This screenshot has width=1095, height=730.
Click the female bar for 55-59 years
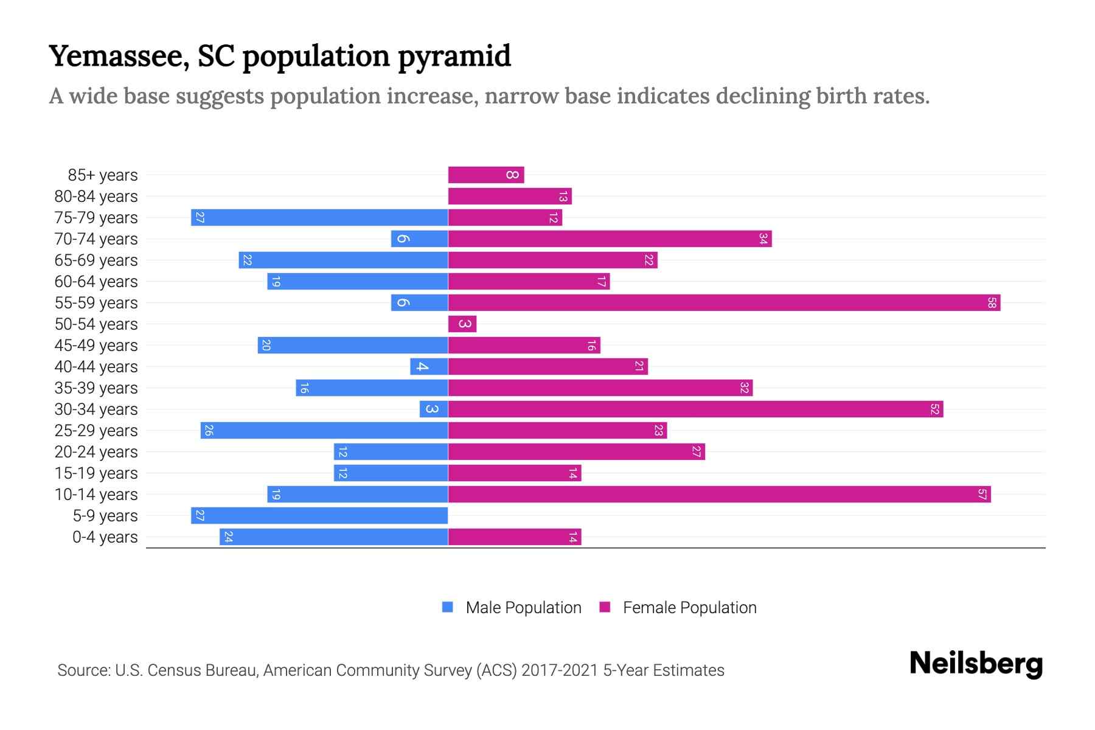[x=724, y=302]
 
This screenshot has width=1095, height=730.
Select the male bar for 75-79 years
[x=319, y=217]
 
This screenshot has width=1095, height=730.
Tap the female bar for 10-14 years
[x=719, y=494]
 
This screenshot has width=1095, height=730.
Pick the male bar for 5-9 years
[x=319, y=515]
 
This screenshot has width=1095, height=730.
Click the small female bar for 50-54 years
[x=462, y=324]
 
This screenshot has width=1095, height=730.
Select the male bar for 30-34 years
[x=434, y=409]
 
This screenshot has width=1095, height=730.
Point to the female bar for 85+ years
[x=485, y=175]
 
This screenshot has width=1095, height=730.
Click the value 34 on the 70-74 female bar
[x=763, y=238]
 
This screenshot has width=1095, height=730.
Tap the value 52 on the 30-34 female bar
[x=934, y=409]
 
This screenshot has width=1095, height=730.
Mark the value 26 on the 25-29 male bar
[x=209, y=430]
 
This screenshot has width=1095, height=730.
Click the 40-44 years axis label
[x=96, y=366]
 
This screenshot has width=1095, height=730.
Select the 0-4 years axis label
[x=105, y=537]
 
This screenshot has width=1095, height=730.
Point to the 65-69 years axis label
[x=96, y=260]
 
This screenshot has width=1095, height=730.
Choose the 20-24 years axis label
[x=96, y=451]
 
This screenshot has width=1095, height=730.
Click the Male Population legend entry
[x=523, y=607]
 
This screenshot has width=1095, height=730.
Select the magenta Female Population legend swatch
[x=605, y=607]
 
